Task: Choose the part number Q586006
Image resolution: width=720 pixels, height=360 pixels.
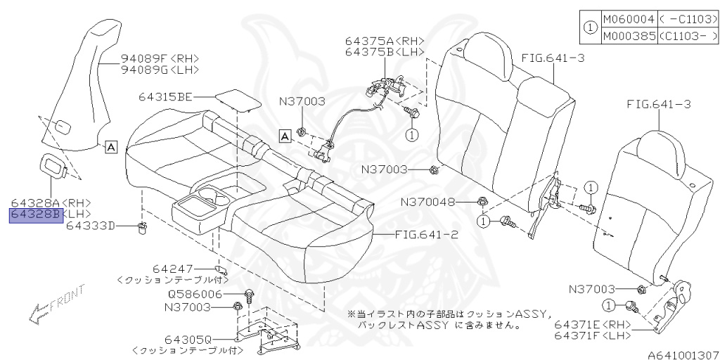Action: click(193, 295)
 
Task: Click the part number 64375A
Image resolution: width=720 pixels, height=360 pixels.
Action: click(371, 41)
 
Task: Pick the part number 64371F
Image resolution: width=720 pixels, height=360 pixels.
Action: click(581, 337)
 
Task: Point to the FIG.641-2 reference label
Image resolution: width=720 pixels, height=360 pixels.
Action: click(426, 235)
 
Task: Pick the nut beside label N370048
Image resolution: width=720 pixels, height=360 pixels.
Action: click(481, 202)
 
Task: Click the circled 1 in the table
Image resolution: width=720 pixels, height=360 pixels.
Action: click(590, 29)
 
